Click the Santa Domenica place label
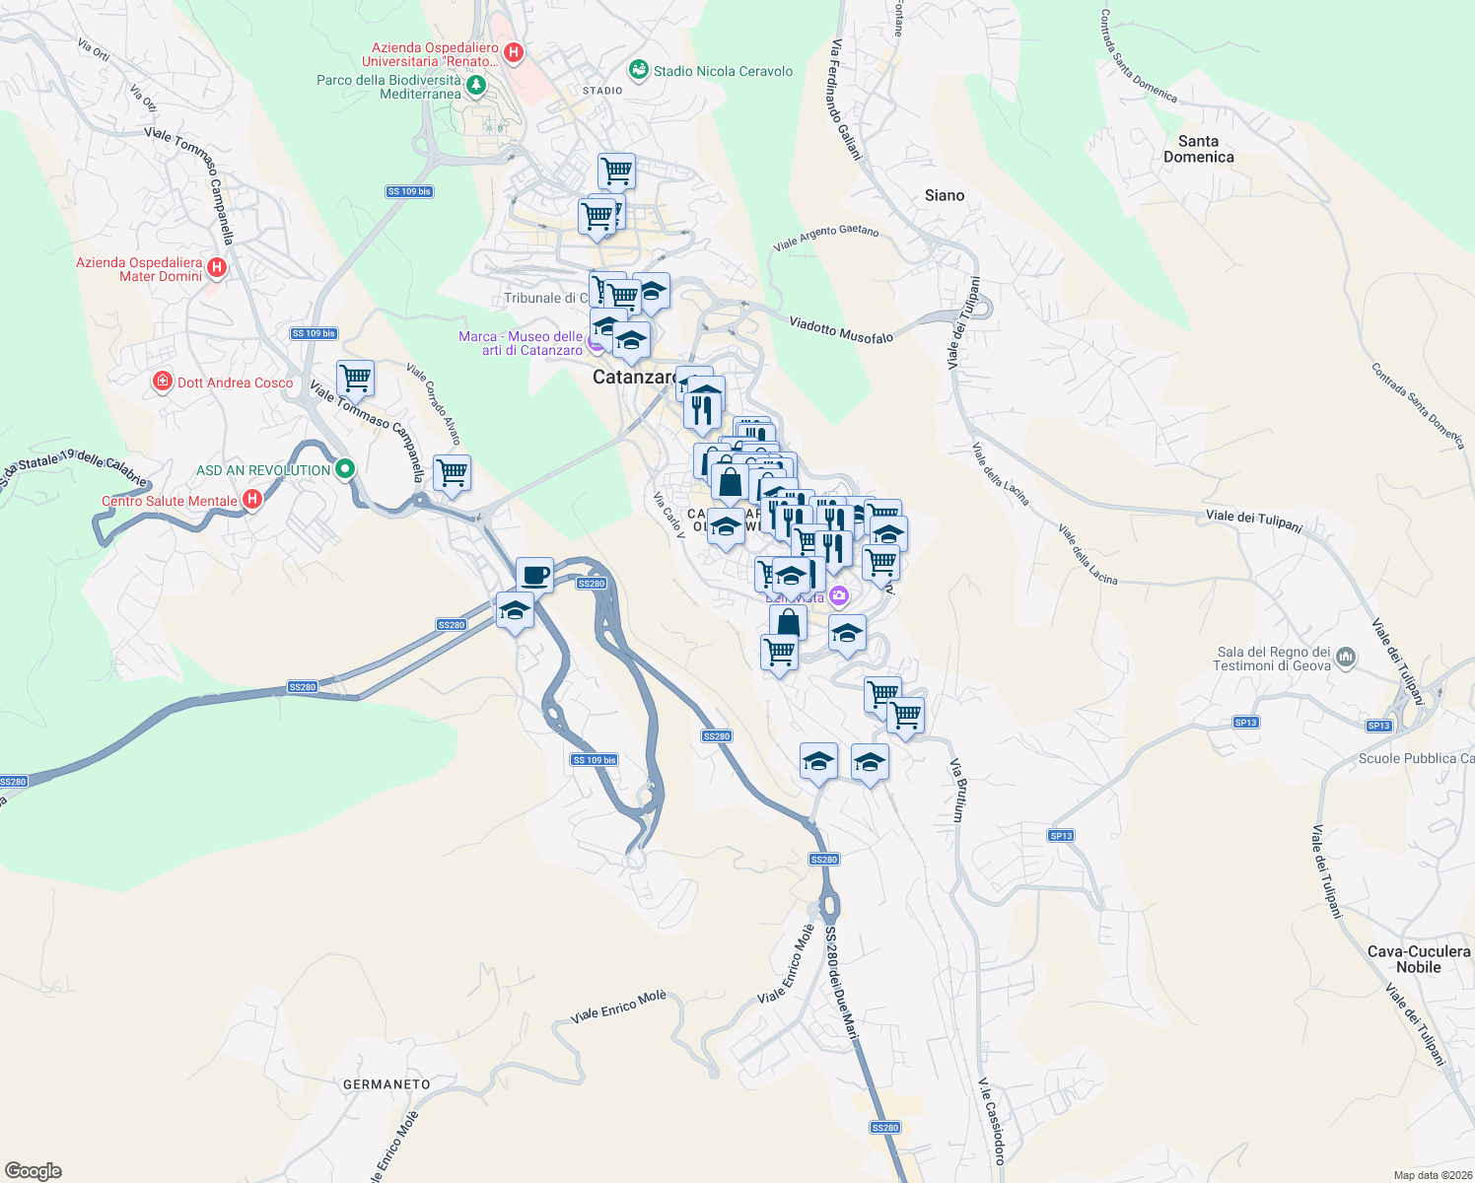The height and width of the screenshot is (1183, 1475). (x=1198, y=149)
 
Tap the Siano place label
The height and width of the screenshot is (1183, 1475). (x=944, y=195)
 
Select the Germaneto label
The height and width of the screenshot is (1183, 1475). (x=386, y=1084)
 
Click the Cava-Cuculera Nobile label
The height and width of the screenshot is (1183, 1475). (x=1418, y=959)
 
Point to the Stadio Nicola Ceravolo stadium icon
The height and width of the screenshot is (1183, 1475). (x=639, y=70)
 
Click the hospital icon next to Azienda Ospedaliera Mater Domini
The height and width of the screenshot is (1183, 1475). (x=217, y=268)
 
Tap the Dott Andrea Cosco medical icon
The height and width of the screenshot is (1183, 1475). (x=163, y=382)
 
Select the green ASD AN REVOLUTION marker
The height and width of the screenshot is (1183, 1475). (x=344, y=469)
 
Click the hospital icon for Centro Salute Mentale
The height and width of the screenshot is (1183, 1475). (x=252, y=500)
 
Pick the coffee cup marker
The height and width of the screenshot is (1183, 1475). (x=534, y=575)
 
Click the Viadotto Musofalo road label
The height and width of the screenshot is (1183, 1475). (x=841, y=330)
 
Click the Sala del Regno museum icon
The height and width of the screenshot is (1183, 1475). (x=1347, y=658)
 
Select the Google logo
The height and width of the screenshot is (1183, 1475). (x=34, y=1171)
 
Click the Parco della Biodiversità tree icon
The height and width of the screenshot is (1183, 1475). (x=476, y=87)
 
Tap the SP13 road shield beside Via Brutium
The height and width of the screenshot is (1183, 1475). (x=1061, y=836)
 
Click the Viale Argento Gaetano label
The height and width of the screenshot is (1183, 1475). (x=826, y=237)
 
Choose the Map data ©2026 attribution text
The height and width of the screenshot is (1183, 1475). (x=1429, y=1175)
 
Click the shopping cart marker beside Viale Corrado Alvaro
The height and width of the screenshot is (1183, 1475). (x=452, y=473)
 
